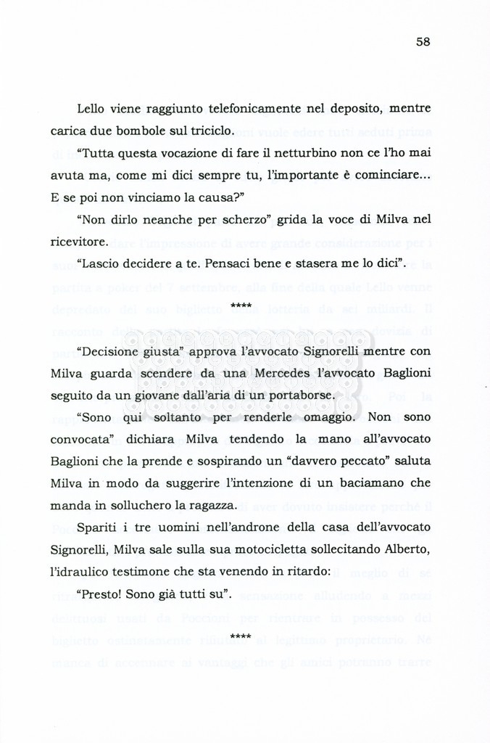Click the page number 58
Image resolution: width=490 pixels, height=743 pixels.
423,41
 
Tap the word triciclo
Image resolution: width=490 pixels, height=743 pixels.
208,131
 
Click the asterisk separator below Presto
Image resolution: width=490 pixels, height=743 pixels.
241,637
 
